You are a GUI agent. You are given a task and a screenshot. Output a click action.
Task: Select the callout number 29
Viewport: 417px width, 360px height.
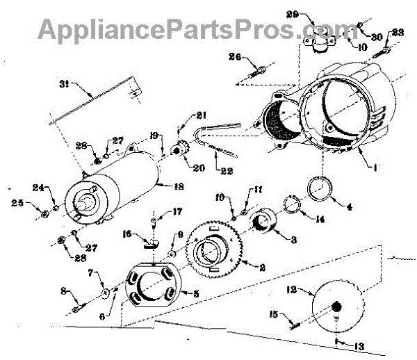pos(312,15)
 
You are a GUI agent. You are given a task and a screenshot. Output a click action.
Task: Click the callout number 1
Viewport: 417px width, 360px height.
pos(376,167)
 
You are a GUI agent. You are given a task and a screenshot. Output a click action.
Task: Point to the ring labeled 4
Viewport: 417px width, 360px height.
pos(322,188)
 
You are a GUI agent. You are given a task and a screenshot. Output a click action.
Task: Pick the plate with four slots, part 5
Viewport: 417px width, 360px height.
pos(149,288)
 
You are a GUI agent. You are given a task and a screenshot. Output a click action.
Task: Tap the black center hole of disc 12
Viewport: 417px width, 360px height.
pos(336,306)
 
